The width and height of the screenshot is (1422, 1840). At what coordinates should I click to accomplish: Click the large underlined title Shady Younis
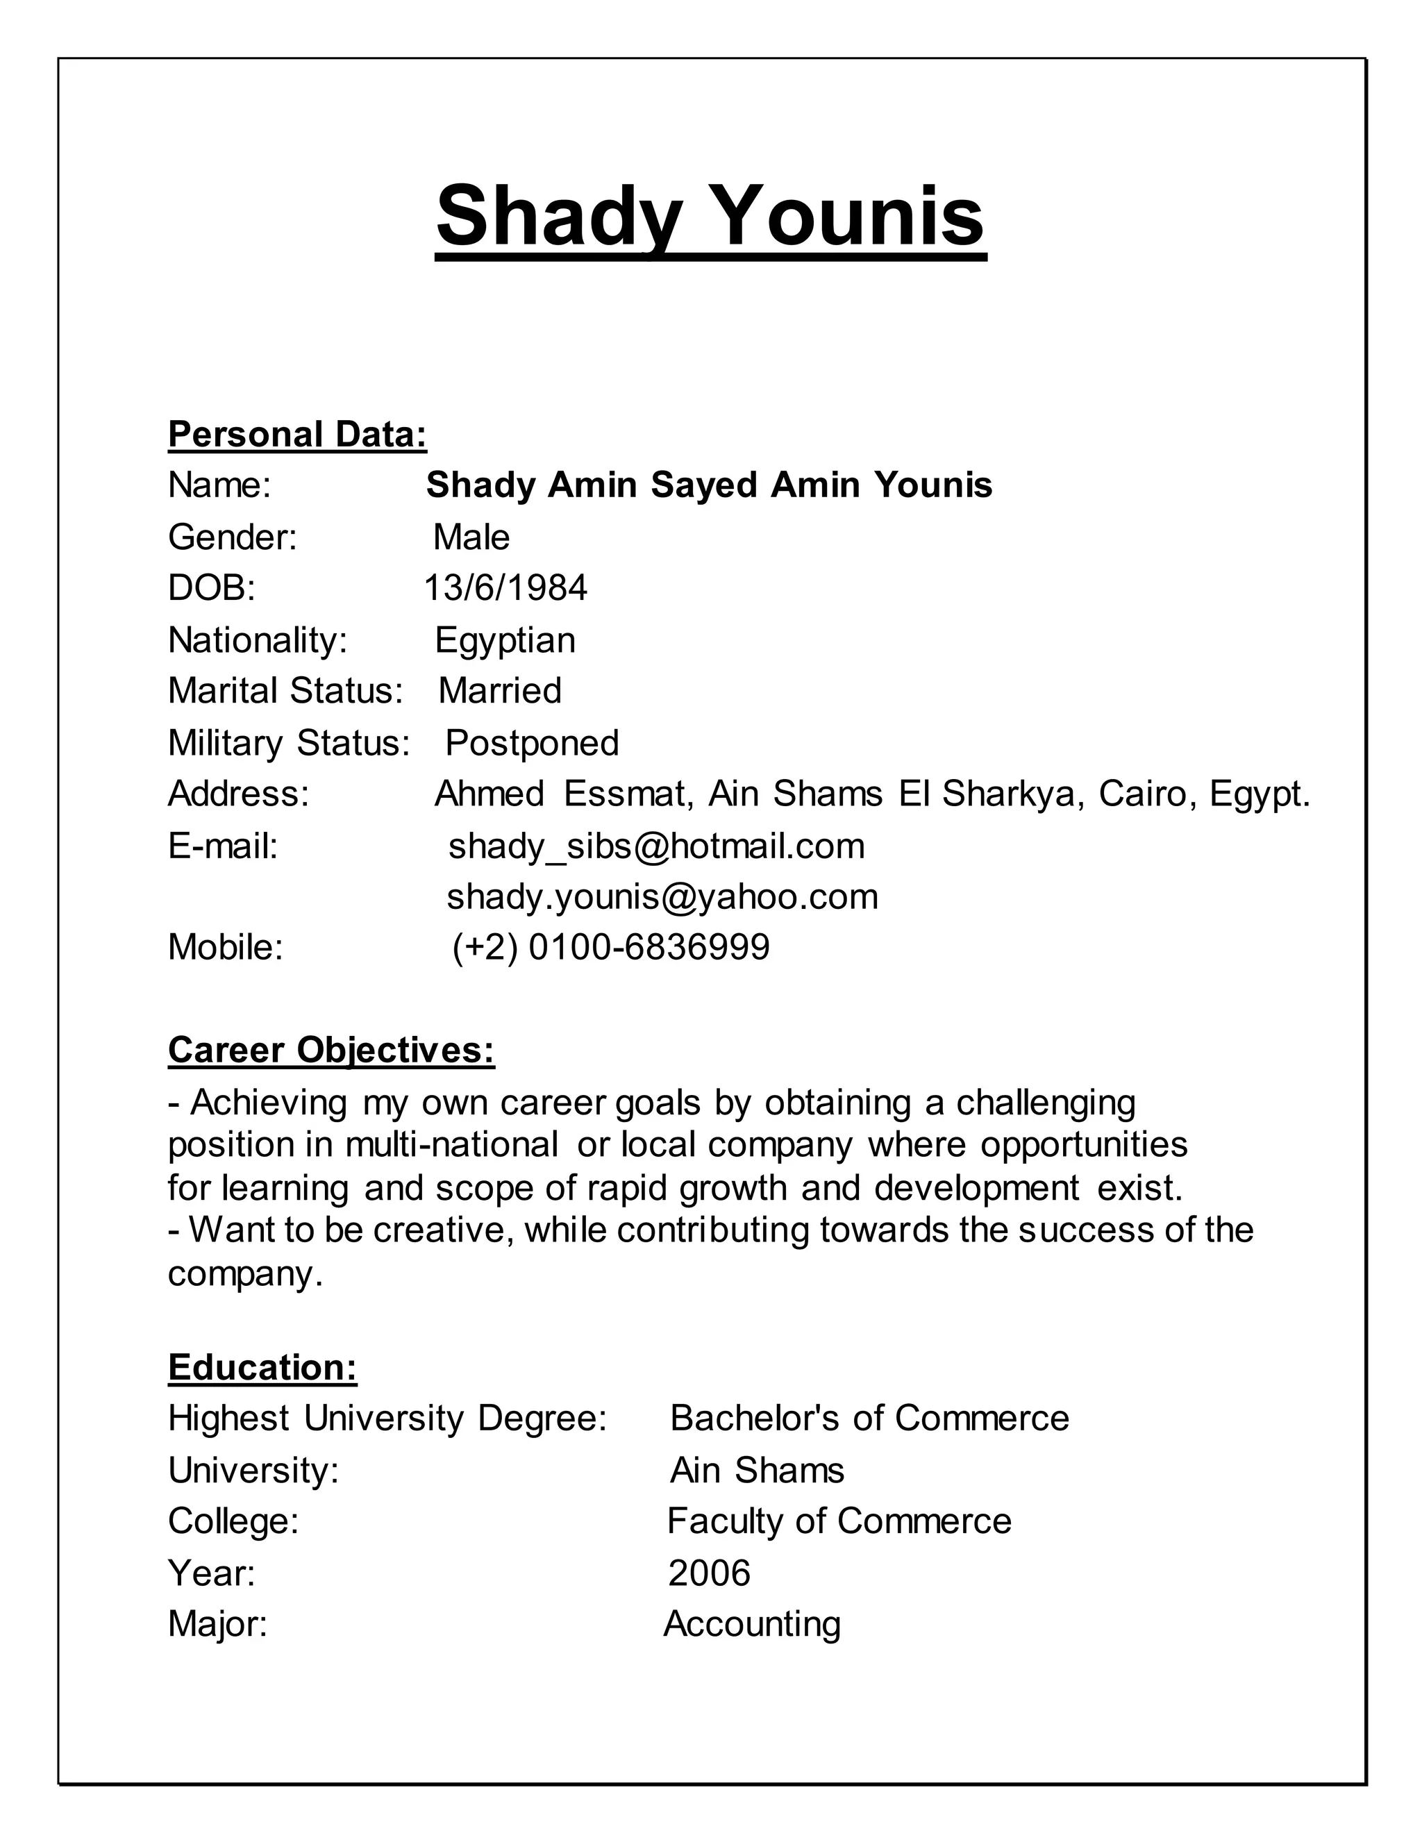click(710, 217)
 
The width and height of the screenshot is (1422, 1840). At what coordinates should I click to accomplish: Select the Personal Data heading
click(297, 435)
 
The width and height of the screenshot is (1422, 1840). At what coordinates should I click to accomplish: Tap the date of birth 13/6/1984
click(505, 588)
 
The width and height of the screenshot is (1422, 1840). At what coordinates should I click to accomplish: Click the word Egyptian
click(505, 640)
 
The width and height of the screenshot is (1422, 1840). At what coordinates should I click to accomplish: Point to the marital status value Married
click(499, 691)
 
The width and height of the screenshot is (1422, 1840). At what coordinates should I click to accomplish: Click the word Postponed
click(532, 743)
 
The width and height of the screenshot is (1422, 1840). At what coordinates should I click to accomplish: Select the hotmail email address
click(655, 846)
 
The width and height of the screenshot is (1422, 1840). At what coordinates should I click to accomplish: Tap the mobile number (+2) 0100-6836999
click(611, 947)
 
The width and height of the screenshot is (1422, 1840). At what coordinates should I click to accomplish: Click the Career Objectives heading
click(331, 1050)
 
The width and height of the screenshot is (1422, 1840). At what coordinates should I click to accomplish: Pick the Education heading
click(262, 1367)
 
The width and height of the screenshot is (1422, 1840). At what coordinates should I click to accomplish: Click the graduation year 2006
click(708, 1573)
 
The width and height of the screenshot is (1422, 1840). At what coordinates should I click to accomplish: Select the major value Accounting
click(751, 1624)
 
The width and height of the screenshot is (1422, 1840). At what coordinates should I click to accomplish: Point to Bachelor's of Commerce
click(869, 1419)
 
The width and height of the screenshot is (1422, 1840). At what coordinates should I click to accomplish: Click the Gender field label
click(233, 537)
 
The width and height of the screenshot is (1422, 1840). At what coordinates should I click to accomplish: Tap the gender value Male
click(471, 537)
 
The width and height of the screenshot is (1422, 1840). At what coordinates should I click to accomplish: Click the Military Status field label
click(288, 743)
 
